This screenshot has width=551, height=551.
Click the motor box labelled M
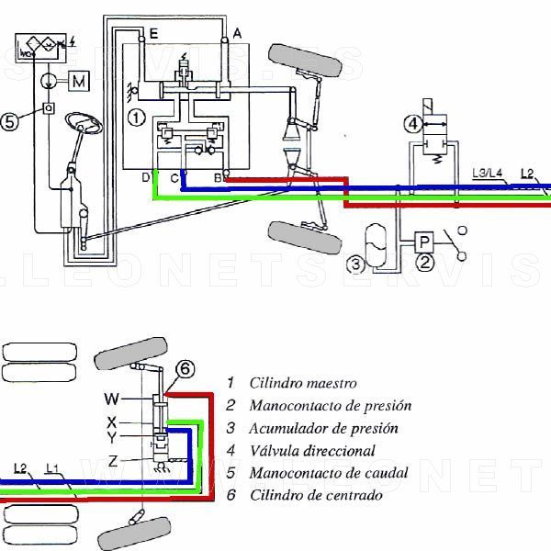click(80, 82)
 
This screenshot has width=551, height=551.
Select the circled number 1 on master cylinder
click(135, 117)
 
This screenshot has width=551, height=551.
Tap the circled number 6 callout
click(185, 369)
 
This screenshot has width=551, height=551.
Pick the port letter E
click(153, 33)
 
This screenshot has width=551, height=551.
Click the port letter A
click(237, 33)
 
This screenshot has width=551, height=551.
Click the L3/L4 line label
click(486, 172)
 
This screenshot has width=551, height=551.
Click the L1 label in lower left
click(53, 470)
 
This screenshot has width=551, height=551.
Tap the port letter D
click(144, 176)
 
